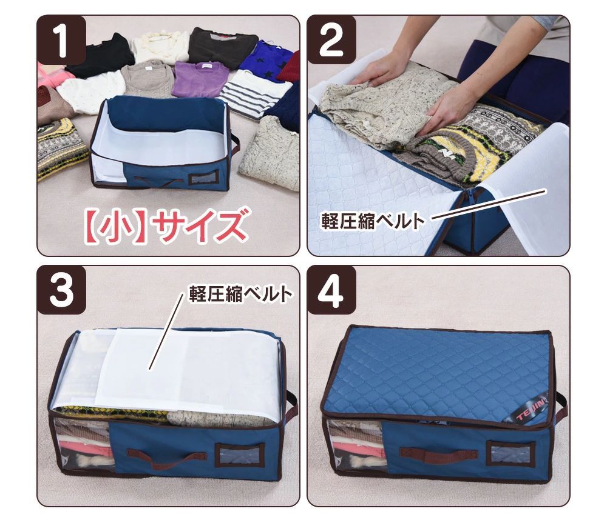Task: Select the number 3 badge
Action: pos(61,290)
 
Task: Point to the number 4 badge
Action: pos(331,290)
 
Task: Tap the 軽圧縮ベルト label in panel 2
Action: pos(373,221)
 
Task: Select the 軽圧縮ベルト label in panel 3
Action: pos(240,294)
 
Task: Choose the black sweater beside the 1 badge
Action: pos(100,55)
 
